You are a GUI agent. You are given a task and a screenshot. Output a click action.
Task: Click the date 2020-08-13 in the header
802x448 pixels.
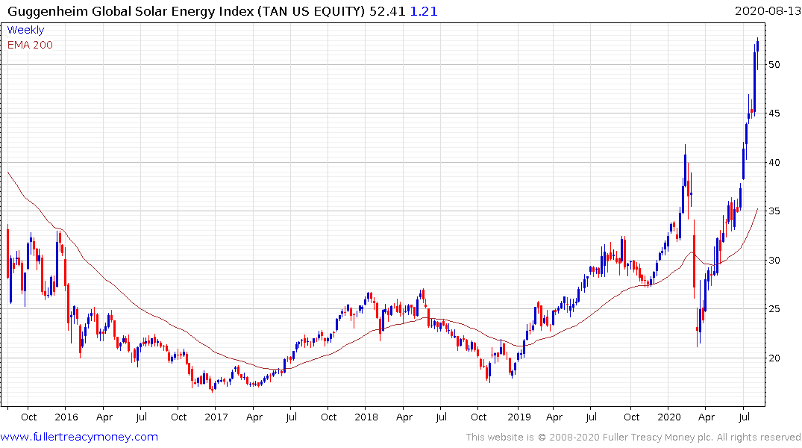coord(766,11)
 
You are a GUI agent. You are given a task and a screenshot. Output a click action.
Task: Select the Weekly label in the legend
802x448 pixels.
coord(25,30)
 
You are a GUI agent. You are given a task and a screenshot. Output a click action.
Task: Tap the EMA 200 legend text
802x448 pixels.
coord(30,45)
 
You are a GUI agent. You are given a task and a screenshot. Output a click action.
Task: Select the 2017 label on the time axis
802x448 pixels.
coord(216,417)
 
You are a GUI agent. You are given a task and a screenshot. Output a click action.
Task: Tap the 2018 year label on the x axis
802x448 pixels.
coord(366,417)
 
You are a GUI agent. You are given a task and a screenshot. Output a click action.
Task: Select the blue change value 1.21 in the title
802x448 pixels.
coord(424,11)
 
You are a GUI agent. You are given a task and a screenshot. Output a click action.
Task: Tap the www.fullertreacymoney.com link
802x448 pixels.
coord(80,437)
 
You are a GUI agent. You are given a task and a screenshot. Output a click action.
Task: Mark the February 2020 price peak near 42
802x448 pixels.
coord(684,146)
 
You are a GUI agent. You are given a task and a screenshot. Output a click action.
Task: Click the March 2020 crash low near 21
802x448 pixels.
coord(698,346)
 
